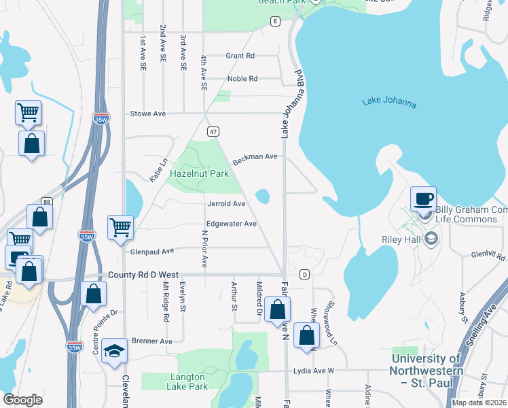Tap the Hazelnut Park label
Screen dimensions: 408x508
tap(199, 174)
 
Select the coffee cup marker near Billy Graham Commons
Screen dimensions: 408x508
tap(423, 199)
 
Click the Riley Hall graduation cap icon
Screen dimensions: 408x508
tap(430, 239)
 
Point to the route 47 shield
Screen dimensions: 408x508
tap(213, 131)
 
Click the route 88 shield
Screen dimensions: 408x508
tap(46, 201)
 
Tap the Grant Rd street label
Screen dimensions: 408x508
tap(240, 56)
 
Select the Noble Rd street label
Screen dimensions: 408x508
tap(242, 79)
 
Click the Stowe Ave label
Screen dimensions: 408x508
tap(148, 114)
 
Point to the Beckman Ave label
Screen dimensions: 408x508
tap(255, 158)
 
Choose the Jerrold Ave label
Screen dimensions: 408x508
tap(226, 203)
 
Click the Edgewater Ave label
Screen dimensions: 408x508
tap(232, 224)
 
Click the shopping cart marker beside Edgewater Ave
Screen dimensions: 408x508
tap(120, 228)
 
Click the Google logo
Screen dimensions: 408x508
tap(22, 400)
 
